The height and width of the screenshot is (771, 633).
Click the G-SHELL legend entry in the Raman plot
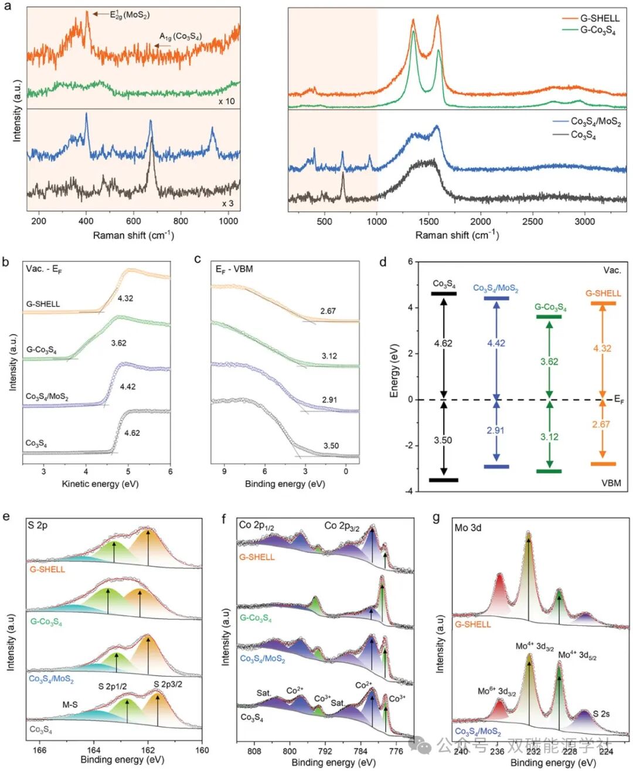point(600,18)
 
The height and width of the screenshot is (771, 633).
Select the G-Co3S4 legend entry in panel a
point(597,30)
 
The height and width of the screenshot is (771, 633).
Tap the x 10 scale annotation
point(226,101)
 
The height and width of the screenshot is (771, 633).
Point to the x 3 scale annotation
point(228,203)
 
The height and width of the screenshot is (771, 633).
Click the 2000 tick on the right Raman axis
point(481,221)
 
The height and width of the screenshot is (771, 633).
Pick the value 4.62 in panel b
point(132,433)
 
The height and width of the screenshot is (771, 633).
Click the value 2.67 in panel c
point(328,311)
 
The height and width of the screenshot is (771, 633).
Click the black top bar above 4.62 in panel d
point(444,294)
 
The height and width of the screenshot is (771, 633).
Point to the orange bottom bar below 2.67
point(603,464)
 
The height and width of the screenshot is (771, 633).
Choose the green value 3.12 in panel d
point(549,436)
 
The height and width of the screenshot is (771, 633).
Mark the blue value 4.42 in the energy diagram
point(496,343)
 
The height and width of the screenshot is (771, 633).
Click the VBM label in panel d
point(611,483)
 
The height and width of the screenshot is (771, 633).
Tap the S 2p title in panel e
point(38,526)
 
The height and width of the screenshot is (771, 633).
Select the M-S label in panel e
point(70,705)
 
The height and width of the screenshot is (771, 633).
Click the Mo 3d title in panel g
point(468,528)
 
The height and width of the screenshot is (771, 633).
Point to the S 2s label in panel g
point(601,714)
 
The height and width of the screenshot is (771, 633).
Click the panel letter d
point(383,262)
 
